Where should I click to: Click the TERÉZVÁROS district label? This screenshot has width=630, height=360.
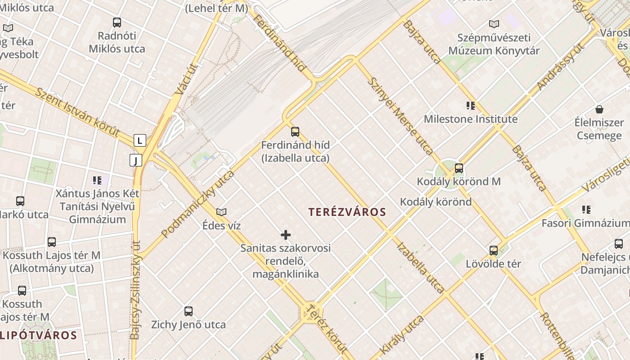point(347,212)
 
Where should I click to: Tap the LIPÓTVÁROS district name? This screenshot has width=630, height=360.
point(39,335)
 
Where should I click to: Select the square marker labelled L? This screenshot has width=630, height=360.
point(140,140)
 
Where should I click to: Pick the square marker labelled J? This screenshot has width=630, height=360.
point(136,160)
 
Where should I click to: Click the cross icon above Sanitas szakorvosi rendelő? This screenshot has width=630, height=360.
point(286,235)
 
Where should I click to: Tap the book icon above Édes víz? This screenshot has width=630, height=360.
point(221,212)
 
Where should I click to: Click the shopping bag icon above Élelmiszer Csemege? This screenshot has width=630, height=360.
point(599,109)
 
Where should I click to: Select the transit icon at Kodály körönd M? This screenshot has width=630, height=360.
point(459,168)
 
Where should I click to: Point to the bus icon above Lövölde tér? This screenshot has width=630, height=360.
point(494,250)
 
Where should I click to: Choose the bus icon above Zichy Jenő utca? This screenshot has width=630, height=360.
point(189,311)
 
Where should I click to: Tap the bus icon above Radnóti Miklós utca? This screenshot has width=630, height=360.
point(117,22)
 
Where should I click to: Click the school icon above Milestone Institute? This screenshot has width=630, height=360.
point(471,106)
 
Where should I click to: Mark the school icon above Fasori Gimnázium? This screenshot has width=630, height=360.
point(586,209)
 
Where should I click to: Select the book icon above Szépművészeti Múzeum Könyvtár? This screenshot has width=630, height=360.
point(494,24)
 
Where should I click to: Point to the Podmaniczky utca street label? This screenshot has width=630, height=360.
point(198,204)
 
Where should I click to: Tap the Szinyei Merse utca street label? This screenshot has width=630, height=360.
point(400,116)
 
